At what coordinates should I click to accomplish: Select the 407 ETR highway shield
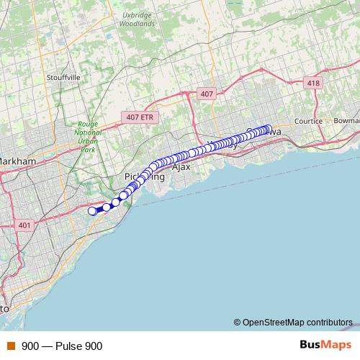[137, 117]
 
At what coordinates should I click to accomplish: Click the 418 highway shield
[312, 84]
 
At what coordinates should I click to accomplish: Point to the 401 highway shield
[24, 226]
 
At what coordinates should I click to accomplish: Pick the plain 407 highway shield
[207, 94]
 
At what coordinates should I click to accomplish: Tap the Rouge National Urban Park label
[88, 137]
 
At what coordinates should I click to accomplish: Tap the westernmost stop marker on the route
[92, 211]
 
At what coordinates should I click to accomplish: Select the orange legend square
[10, 346]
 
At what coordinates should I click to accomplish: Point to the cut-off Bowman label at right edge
[346, 122]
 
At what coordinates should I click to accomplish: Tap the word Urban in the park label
[88, 143]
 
